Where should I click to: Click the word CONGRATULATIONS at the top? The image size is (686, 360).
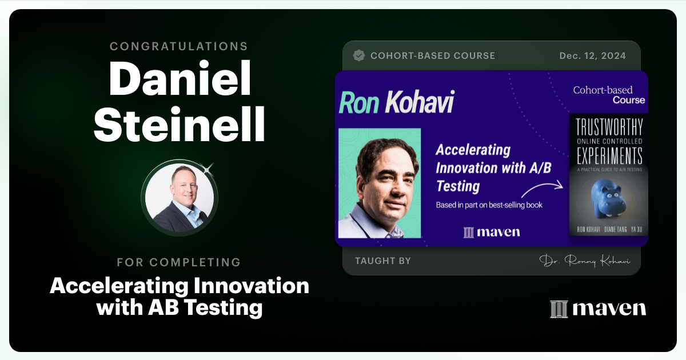(180, 46)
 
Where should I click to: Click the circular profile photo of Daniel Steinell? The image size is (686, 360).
(180, 198)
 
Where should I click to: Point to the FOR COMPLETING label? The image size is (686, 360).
(179, 262)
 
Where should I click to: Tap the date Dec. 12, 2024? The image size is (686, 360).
(592, 56)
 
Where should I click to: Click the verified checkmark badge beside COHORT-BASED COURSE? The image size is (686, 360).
(359, 56)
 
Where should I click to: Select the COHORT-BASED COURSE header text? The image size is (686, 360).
(432, 56)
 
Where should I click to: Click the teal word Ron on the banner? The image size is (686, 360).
(360, 103)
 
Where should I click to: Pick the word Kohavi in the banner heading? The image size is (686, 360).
(420, 103)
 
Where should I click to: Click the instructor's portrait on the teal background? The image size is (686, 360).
(380, 183)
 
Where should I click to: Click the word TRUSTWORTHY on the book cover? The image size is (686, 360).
(608, 127)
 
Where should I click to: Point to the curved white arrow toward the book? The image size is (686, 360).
(541, 190)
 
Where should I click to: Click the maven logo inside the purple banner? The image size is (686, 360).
(492, 232)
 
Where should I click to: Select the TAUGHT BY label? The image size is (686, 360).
(382, 261)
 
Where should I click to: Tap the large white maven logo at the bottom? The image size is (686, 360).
(598, 309)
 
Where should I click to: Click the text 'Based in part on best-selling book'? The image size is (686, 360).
(489, 205)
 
